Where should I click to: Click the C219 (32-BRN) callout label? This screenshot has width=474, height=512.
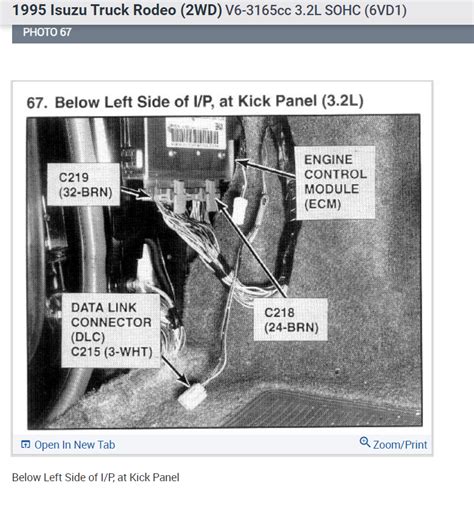tap(83, 184)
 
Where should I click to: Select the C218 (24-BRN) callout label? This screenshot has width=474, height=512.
tap(291, 320)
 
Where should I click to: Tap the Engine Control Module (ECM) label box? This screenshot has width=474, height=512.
tap(335, 182)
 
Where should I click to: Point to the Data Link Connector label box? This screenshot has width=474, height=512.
tap(111, 330)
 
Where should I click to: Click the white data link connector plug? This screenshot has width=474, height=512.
tap(192, 396)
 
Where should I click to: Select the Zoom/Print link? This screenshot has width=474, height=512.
tap(400, 445)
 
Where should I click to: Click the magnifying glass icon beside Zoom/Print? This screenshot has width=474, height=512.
tap(365, 442)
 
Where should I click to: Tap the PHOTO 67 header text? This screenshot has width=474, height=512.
tap(47, 32)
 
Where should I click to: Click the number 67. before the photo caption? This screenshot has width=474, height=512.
tap(37, 103)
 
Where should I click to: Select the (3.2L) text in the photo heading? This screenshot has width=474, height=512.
tap(342, 101)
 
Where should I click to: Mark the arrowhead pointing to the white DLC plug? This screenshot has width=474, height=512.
tap(184, 380)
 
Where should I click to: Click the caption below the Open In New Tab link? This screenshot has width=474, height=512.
tap(96, 477)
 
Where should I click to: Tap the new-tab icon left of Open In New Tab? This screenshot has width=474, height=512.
tap(25, 444)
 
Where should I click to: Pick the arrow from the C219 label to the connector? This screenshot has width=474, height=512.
tap(137, 193)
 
